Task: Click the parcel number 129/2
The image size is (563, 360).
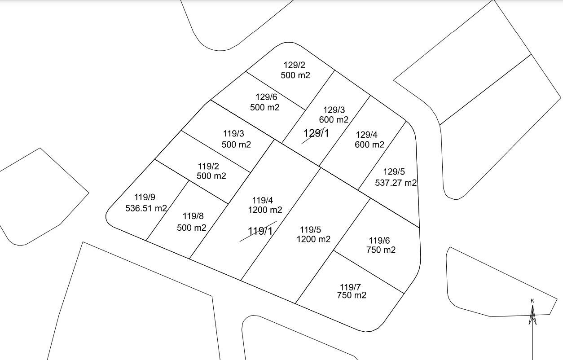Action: tap(294, 65)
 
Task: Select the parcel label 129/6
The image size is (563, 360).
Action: tap(266, 97)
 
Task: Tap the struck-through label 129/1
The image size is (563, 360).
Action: tap(316, 133)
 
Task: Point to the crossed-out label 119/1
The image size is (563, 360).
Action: tap(260, 231)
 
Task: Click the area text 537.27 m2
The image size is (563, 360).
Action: tap(396, 183)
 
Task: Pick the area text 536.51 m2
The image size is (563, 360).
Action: tap(146, 208)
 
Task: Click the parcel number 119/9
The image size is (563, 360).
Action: tap(145, 197)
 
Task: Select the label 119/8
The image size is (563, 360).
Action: tap(194, 217)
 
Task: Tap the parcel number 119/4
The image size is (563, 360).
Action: tap(263, 200)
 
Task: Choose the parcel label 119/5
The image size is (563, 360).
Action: tap(311, 230)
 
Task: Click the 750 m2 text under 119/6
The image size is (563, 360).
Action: tap(381, 250)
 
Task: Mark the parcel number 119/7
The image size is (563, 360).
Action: tap(350, 287)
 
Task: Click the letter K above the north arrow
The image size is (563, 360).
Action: tap(532, 301)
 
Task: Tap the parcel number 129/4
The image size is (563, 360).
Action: tap(366, 135)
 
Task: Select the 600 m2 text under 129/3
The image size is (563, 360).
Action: tap(334, 120)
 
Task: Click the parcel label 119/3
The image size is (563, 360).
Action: tap(233, 133)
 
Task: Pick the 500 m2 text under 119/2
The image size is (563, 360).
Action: tap(211, 176)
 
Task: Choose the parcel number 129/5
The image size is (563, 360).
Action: tap(394, 172)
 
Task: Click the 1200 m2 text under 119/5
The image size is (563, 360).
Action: tap(313, 239)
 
